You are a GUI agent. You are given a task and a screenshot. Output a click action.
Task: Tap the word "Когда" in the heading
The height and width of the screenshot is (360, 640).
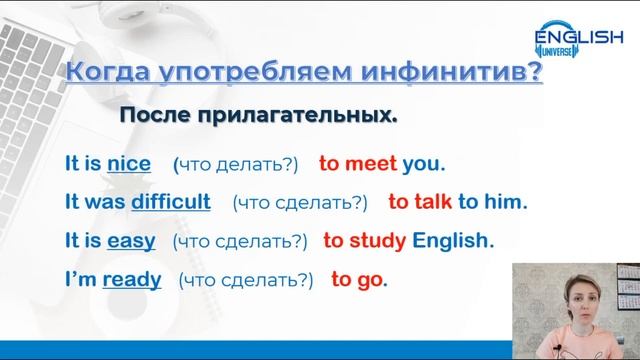coord(103,73)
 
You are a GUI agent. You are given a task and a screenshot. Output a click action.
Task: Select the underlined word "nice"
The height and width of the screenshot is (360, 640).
coord(129,163)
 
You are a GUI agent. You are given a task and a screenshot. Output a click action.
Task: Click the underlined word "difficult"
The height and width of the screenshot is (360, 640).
coord(170,201)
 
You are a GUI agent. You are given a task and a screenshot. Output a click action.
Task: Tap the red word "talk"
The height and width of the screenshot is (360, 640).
coord(431,201)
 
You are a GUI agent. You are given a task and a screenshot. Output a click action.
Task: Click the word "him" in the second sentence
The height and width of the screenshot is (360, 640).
coord(503,201)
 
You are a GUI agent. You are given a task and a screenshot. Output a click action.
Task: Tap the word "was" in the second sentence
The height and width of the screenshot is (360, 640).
coord(104,201)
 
